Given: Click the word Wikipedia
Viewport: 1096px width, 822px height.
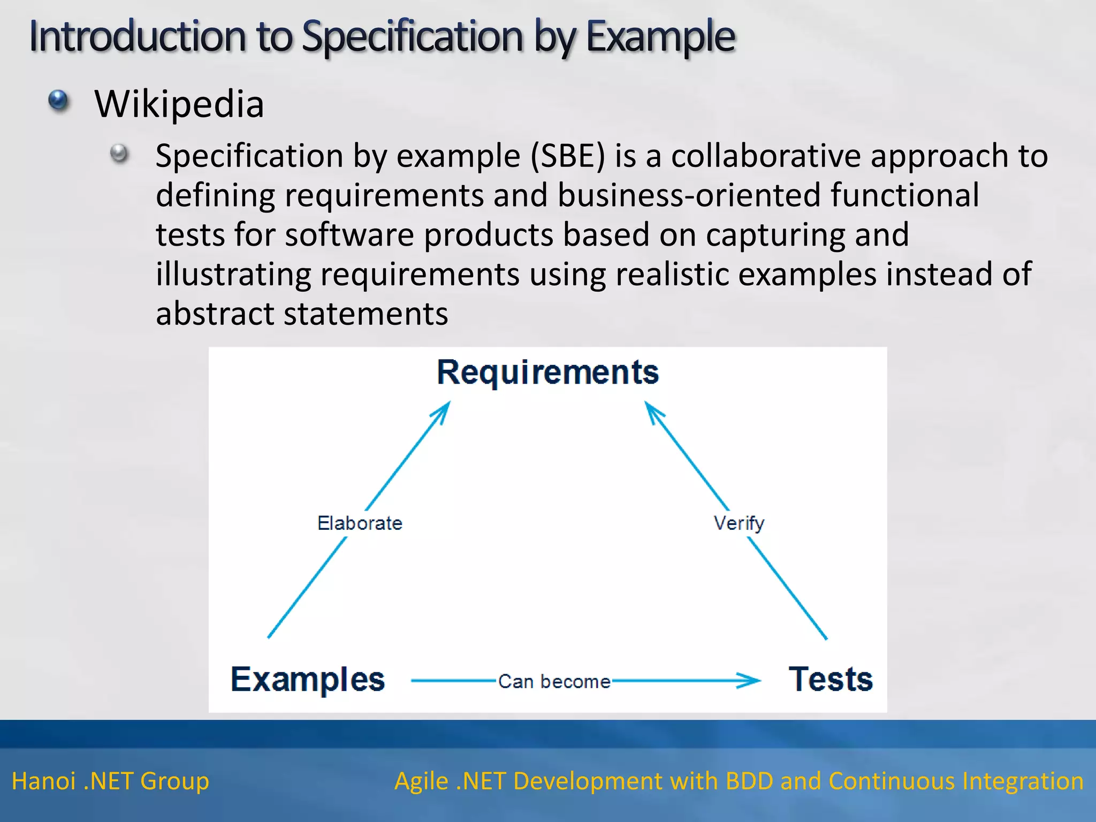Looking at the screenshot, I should coord(179,104).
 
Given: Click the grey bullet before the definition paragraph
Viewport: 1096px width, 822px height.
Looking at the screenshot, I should coord(119,154).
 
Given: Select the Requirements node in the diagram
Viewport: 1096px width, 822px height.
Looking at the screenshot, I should coord(547,372).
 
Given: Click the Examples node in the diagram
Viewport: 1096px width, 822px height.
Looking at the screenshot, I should coord(308,680).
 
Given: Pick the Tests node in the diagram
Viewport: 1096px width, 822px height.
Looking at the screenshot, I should coord(831,680).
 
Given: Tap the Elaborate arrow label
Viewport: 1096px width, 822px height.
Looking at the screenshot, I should coord(360,523).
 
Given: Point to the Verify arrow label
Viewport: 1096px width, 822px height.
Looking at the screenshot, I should coord(739,523).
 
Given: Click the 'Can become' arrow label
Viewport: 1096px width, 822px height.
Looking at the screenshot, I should coord(554,682).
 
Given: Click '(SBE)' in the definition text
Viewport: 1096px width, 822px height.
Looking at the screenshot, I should coord(568,156).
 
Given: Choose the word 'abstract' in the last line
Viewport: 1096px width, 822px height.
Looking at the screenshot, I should coord(215,314).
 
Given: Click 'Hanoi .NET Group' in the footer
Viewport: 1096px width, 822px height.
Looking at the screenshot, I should coord(110,781).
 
